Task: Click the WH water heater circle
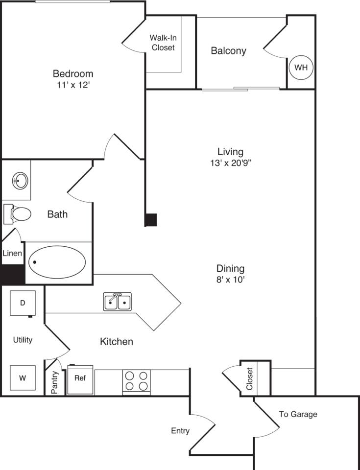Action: pos(301,68)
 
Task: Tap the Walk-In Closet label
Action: pos(163,43)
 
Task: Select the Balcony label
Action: pos(228,50)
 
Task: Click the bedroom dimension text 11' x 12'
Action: pos(73,85)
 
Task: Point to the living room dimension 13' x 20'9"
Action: pos(230,163)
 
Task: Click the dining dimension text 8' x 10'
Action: pos(230,280)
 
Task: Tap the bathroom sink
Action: pos(20,181)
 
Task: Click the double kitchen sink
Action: pos(118,302)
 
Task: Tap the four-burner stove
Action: pos(136,381)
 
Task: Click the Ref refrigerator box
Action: pos(80,379)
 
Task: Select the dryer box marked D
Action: pos(23,303)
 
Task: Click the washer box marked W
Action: pos(23,378)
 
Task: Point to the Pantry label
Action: pos(54,382)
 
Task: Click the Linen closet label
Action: pos(12,254)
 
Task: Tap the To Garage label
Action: pos(298,414)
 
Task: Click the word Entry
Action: pos(180,431)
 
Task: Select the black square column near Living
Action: pos(151,220)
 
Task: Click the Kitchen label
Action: pos(117,341)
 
